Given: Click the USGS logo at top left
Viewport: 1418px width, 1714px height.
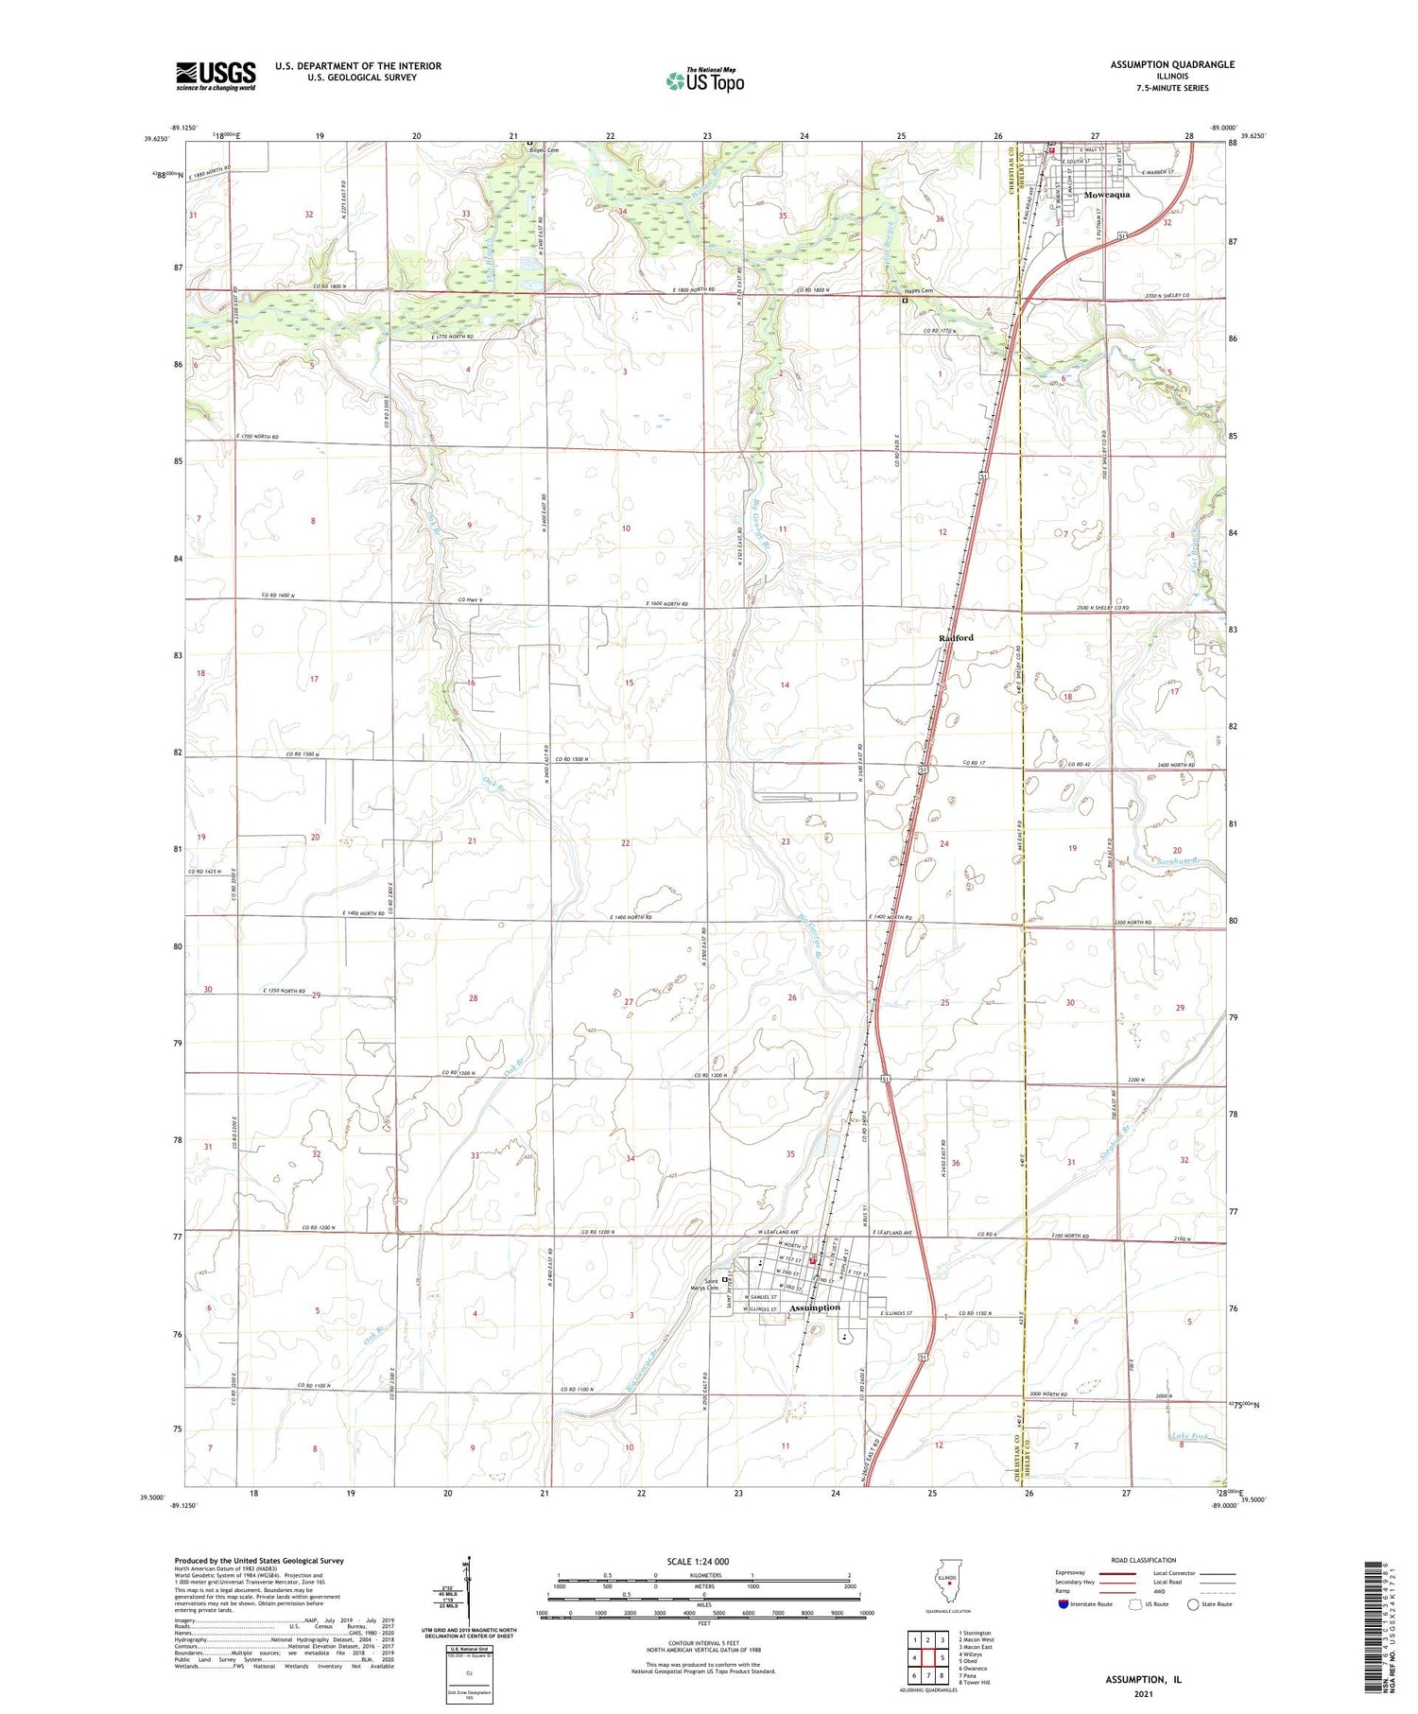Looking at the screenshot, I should (x=216, y=76).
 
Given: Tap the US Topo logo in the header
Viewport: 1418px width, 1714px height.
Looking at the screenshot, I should (x=705, y=81).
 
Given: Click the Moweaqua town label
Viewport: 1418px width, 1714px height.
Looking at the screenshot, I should (x=1106, y=195).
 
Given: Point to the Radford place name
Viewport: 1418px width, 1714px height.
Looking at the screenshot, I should (x=956, y=638).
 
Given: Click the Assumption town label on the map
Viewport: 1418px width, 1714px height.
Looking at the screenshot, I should (x=814, y=1307).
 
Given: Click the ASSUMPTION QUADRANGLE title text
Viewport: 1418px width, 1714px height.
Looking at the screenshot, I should (x=1172, y=64).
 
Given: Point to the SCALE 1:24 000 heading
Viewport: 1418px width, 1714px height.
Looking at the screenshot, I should (x=703, y=1561).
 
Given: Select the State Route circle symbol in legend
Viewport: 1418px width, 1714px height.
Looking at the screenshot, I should (x=1193, y=1604).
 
